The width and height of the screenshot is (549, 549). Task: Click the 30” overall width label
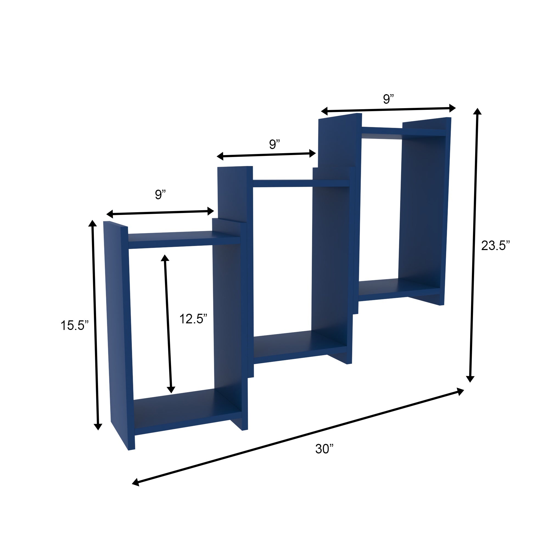[x=324, y=449]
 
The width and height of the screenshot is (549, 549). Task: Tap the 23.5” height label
[x=495, y=245]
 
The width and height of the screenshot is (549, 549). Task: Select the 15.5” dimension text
[x=74, y=325]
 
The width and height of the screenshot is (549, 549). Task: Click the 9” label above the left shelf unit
[x=160, y=194]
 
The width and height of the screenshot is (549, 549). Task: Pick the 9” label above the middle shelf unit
[x=274, y=144]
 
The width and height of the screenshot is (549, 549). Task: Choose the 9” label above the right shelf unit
[x=388, y=99]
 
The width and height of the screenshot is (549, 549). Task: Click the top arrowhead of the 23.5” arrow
[x=477, y=111]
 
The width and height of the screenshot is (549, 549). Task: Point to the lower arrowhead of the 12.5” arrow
[x=171, y=390]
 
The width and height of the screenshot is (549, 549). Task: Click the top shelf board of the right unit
[x=404, y=132]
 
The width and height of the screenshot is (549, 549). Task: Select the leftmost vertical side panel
[x=118, y=327]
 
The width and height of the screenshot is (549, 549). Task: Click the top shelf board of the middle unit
[x=301, y=183]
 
